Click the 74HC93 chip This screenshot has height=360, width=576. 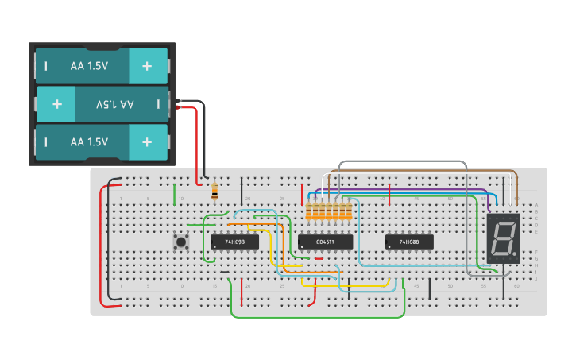coord(234,242)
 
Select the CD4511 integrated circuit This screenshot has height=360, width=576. coord(325,242)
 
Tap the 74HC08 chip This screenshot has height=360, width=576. coord(409,242)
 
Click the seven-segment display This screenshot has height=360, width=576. coord(503,238)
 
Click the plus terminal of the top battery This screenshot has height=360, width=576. coord(147,66)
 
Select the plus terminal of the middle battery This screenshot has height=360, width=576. coord(56,104)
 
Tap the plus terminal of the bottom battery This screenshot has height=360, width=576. coord(147,142)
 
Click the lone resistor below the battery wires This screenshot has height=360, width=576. coord(214,191)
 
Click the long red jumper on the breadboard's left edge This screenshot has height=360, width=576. coord(101,246)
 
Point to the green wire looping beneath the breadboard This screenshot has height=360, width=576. coord(318,316)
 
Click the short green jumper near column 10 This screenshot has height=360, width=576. coord(175,192)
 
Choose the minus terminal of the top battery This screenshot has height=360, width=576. coord(46,66)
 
